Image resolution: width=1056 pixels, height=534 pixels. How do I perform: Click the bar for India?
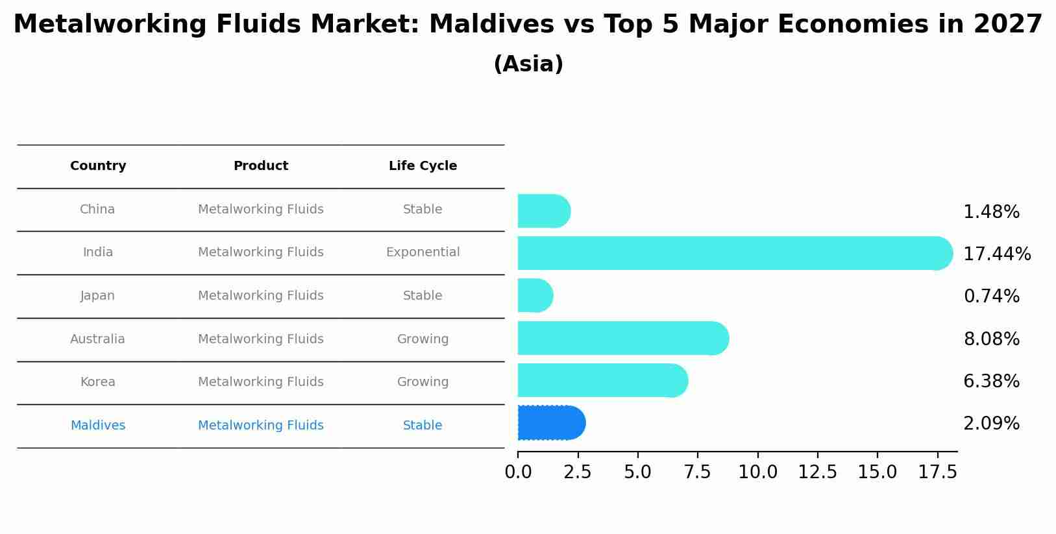click(x=733, y=253)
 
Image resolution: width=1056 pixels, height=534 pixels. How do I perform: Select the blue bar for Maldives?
click(x=551, y=423)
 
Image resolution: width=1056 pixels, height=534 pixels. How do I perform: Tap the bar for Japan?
click(x=535, y=296)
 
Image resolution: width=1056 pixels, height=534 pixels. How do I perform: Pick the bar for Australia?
click(x=622, y=339)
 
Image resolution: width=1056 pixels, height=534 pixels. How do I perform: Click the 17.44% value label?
click(x=997, y=254)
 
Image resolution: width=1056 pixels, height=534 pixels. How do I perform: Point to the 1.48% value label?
click(x=991, y=212)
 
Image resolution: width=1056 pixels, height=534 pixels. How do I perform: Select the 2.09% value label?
click(x=991, y=424)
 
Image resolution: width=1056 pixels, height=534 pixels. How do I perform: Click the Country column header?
click(x=98, y=166)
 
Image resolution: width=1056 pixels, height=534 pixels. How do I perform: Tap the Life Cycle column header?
click(x=423, y=166)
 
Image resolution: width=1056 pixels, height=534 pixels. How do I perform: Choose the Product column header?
click(x=261, y=166)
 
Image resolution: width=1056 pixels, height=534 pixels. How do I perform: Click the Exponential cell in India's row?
click(x=423, y=252)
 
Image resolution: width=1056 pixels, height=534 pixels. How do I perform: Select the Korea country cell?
click(x=98, y=382)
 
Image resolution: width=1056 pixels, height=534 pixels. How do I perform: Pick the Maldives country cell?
click(x=98, y=426)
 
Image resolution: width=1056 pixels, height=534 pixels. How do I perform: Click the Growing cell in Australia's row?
click(x=423, y=339)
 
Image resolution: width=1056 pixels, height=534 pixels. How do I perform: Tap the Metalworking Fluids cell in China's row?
click(x=261, y=210)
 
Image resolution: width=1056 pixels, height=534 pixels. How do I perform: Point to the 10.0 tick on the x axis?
click(x=757, y=472)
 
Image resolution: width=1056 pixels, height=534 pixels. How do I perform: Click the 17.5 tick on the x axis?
click(x=937, y=472)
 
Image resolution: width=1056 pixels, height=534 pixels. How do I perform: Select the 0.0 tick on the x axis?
click(x=518, y=472)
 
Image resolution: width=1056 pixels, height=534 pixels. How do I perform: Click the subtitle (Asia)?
click(x=528, y=64)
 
